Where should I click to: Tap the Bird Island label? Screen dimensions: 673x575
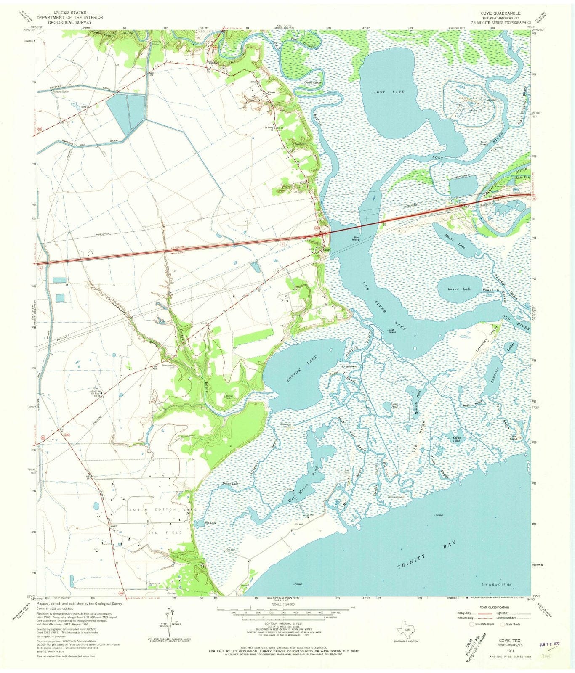pos(352,239)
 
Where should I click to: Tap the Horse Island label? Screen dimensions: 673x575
pos(348,366)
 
